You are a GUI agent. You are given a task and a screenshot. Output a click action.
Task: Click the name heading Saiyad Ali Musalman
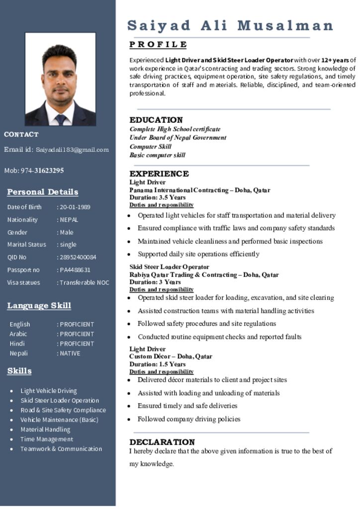pos(230,25)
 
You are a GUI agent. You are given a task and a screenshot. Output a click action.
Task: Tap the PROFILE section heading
pos(158,45)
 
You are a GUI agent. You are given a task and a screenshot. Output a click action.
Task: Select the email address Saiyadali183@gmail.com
pos(72,150)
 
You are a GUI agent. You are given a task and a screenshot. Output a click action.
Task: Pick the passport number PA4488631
pos(75,270)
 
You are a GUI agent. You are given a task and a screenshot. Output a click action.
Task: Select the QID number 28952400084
pos(78,257)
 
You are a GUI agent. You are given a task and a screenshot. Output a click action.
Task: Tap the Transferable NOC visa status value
pos(84,282)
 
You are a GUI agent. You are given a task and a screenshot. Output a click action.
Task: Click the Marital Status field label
pos(26,245)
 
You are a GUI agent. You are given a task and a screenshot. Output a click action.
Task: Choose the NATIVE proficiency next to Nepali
pos(70,353)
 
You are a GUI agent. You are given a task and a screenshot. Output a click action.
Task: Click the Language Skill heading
pos(39,306)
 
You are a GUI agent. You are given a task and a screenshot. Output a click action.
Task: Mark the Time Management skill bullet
pos(46,439)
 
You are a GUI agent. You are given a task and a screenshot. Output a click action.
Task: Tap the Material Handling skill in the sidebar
pos(45,429)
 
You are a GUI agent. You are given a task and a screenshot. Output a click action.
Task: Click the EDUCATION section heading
pos(156,120)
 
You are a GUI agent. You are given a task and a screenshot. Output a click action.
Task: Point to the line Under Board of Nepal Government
pos(178,138)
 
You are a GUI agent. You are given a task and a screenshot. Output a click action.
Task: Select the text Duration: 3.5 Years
pos(158,197)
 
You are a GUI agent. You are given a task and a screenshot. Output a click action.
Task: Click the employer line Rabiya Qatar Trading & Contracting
pos(204,274)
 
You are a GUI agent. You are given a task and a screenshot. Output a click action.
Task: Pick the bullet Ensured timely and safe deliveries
pos(187,406)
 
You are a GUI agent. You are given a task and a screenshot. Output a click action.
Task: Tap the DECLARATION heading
pos(162,442)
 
